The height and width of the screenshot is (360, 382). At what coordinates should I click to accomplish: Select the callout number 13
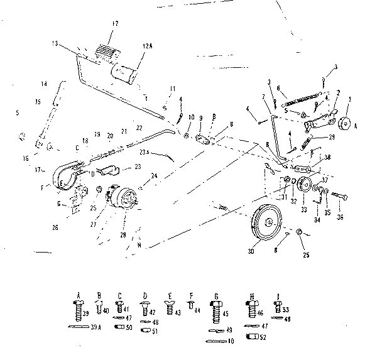[55, 43]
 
